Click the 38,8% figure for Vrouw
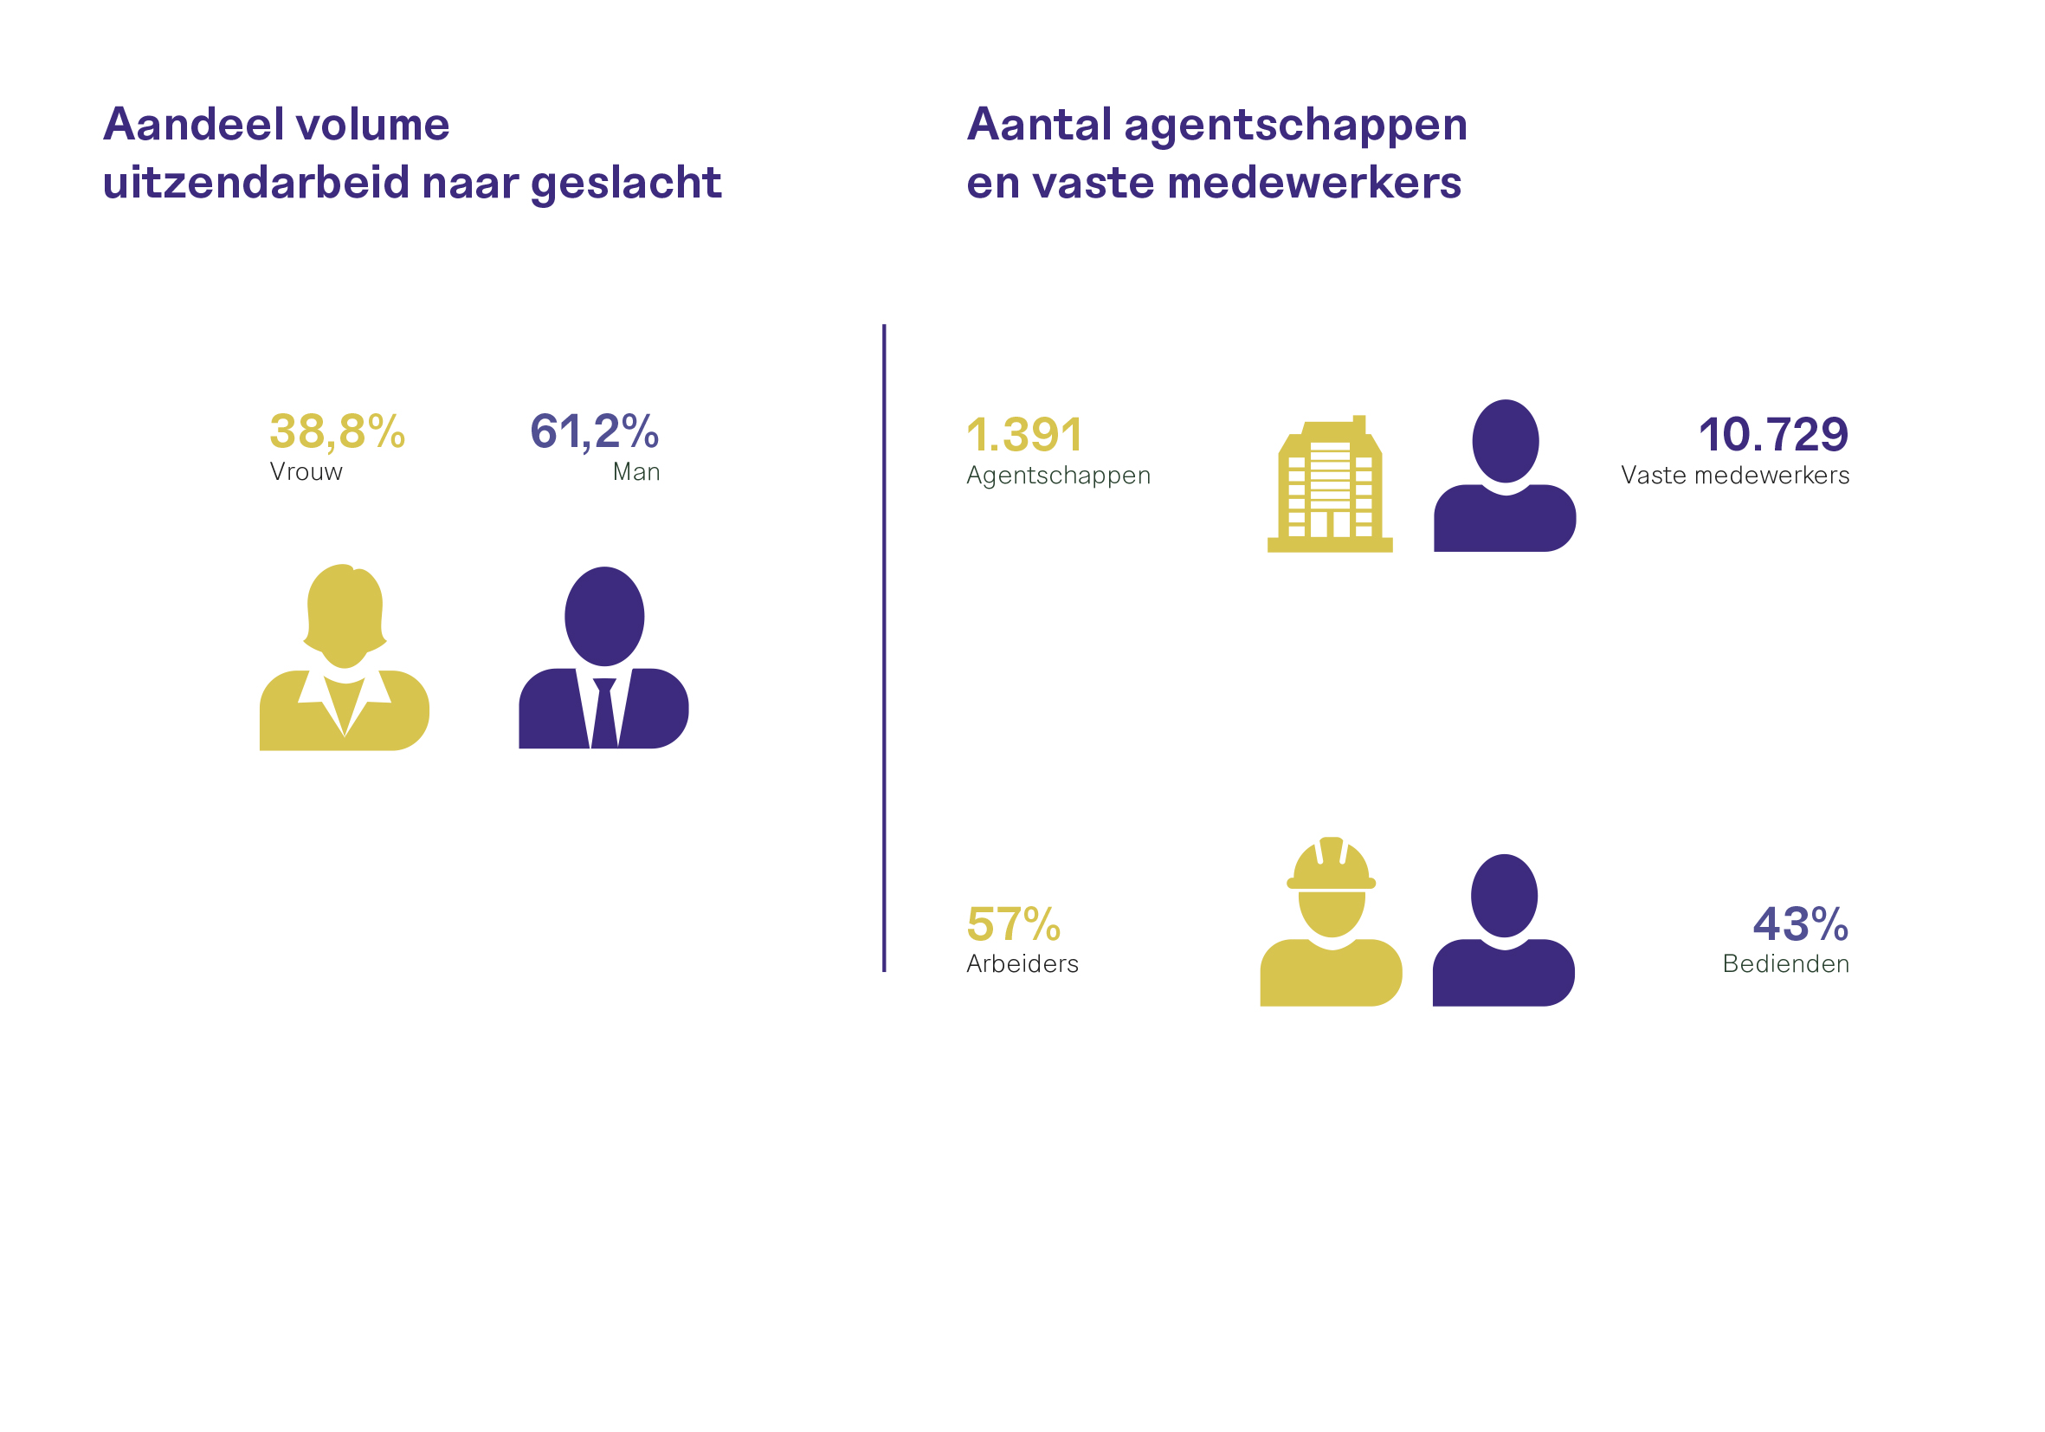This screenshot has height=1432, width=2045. pyautogui.click(x=338, y=431)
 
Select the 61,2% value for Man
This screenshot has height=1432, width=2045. pyautogui.click(x=595, y=431)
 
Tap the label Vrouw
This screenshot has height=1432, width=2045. pyautogui.click(x=306, y=472)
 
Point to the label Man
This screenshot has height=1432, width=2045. pyautogui.click(x=636, y=472)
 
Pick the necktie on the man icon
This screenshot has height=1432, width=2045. pyautogui.click(x=605, y=713)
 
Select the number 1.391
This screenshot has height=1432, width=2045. pyautogui.click(x=1024, y=435)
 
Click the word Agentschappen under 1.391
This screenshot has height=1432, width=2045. pyautogui.click(x=1059, y=476)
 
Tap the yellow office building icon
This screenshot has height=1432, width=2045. pyautogui.click(x=1330, y=484)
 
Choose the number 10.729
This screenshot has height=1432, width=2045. pyautogui.click(x=1773, y=435)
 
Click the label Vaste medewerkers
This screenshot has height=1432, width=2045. pyautogui.click(x=1735, y=476)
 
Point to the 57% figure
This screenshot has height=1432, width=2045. pyautogui.click(x=1014, y=924)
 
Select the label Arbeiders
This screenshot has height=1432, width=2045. pyautogui.click(x=1022, y=964)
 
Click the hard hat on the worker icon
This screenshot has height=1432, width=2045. pyautogui.click(x=1332, y=864)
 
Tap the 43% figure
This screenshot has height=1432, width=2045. pyautogui.click(x=1801, y=924)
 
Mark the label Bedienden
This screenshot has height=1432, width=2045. pyautogui.click(x=1786, y=964)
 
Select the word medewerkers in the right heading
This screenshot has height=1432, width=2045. pyautogui.click(x=1314, y=183)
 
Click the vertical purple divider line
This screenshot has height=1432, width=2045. pyautogui.click(x=885, y=648)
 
